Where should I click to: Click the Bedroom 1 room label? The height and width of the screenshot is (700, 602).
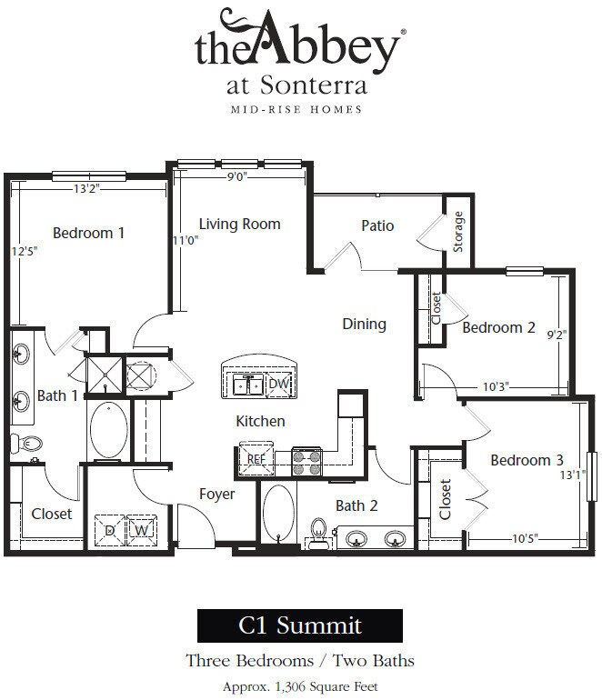[x=88, y=233]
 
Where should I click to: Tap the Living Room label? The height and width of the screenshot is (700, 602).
[x=240, y=224]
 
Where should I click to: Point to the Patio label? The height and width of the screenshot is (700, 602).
[x=377, y=225]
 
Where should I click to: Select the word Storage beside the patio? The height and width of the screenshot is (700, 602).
[x=457, y=232]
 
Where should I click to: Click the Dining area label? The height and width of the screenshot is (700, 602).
[x=364, y=325]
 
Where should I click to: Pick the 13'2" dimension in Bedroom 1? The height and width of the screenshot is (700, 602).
[x=86, y=188]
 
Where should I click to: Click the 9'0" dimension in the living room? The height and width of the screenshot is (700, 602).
[x=237, y=176]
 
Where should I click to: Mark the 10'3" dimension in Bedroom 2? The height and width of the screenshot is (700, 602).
[x=496, y=386]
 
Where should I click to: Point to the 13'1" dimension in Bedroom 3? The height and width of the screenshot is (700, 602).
[x=573, y=475]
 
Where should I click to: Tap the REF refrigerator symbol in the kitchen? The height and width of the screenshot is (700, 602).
[x=256, y=458]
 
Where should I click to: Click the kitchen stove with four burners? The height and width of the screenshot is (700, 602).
[x=306, y=462]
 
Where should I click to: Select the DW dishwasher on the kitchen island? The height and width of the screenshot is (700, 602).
[x=279, y=384]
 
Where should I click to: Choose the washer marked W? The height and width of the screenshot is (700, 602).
[x=142, y=530]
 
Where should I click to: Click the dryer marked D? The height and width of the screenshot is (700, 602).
[x=110, y=530]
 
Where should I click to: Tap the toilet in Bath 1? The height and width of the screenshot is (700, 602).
[x=26, y=444]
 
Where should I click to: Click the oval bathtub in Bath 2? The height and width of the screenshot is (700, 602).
[x=278, y=513]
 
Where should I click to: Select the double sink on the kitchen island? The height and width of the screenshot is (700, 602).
[x=247, y=385]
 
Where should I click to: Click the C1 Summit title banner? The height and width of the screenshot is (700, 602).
[x=300, y=625]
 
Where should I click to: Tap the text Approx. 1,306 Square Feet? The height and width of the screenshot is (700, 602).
[x=300, y=686]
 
